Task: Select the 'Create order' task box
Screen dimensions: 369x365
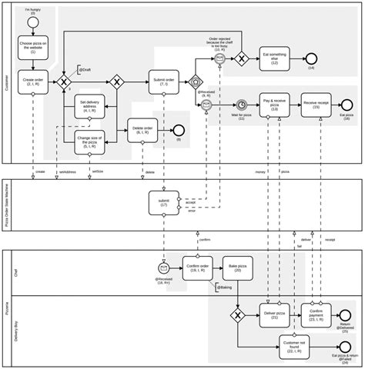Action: (33, 81)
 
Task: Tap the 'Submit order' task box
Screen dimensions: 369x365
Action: (164, 81)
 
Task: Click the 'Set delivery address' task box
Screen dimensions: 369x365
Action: (89, 106)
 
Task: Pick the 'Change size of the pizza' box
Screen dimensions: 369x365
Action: (89, 138)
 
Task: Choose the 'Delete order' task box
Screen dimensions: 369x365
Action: (142, 131)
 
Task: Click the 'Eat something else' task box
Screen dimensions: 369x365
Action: (274, 58)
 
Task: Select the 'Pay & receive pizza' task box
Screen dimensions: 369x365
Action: (274, 104)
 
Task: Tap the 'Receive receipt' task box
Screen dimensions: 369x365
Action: (316, 104)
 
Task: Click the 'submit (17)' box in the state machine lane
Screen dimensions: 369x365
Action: (163, 202)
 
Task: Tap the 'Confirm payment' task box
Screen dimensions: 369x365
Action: (316, 314)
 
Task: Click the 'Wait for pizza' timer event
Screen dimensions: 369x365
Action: (241, 105)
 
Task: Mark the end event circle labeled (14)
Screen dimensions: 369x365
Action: (311, 58)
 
